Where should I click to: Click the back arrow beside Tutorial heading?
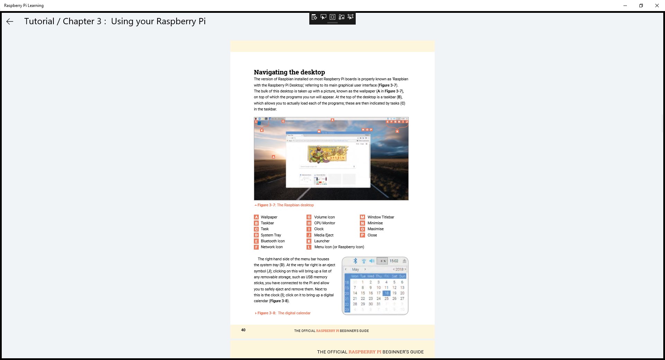pyautogui.click(x=10, y=21)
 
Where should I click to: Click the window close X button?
pyautogui.click(x=657, y=6)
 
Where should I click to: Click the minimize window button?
pyautogui.click(x=625, y=6)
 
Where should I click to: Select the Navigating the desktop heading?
pyautogui.click(x=289, y=72)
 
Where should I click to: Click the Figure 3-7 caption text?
pyautogui.click(x=285, y=205)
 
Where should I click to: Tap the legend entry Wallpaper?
pyautogui.click(x=269, y=217)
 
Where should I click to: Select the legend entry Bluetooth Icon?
pyautogui.click(x=273, y=241)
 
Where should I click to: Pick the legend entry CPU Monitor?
pyautogui.click(x=325, y=223)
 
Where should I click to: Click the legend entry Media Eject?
pyautogui.click(x=323, y=235)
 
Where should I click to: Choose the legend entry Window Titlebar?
pyautogui.click(x=381, y=217)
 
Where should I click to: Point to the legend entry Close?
pyautogui.click(x=372, y=235)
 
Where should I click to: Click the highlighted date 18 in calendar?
pyautogui.click(x=387, y=293)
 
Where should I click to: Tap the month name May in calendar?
pyautogui.click(x=355, y=269)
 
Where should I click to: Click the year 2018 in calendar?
pyautogui.click(x=399, y=269)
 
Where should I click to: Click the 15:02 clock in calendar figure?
pyautogui.click(x=394, y=261)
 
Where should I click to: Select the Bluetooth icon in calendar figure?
pyautogui.click(x=355, y=261)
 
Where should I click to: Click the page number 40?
pyautogui.click(x=243, y=330)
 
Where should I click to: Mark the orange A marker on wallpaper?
pyautogui.click(x=273, y=157)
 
